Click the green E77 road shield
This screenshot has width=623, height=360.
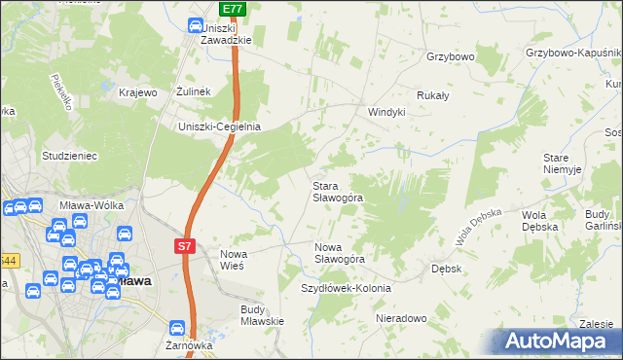(232, 9)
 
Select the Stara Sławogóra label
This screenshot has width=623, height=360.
(337, 191)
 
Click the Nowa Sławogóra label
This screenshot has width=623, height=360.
(339, 253)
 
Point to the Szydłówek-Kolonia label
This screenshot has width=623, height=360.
(346, 289)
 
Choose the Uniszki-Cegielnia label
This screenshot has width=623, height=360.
(219, 126)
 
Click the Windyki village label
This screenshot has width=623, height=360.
(385, 112)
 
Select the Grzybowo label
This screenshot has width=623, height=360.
(450, 57)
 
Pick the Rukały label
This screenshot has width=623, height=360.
(432, 95)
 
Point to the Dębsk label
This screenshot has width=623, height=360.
(445, 268)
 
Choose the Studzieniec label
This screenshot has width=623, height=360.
(67, 155)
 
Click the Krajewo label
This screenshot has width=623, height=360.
(137, 92)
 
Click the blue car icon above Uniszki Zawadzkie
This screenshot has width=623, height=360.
(194, 26)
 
